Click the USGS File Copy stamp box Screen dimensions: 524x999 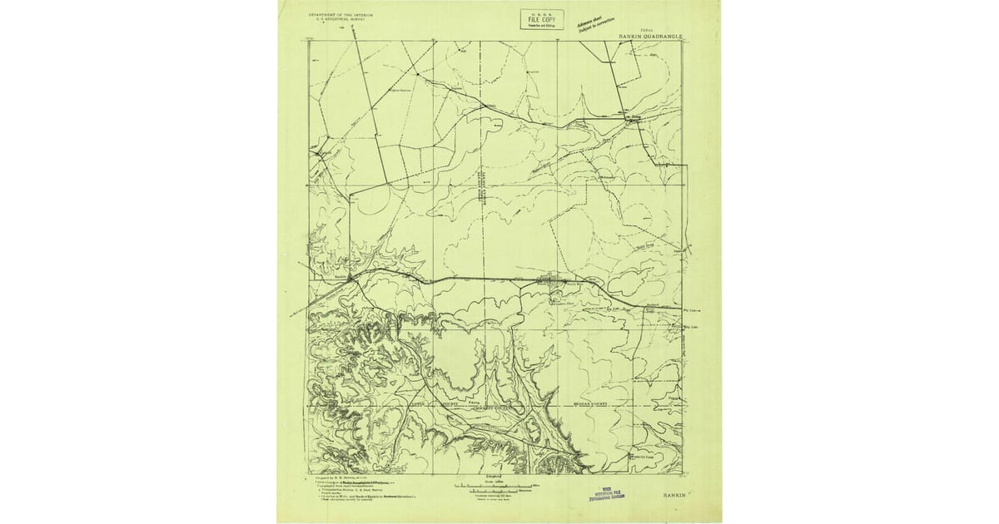click(542, 19)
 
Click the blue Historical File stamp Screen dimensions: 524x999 click(606, 493)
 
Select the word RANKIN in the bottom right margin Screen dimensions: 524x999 click(675, 495)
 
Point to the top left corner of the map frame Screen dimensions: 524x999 click(309, 42)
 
